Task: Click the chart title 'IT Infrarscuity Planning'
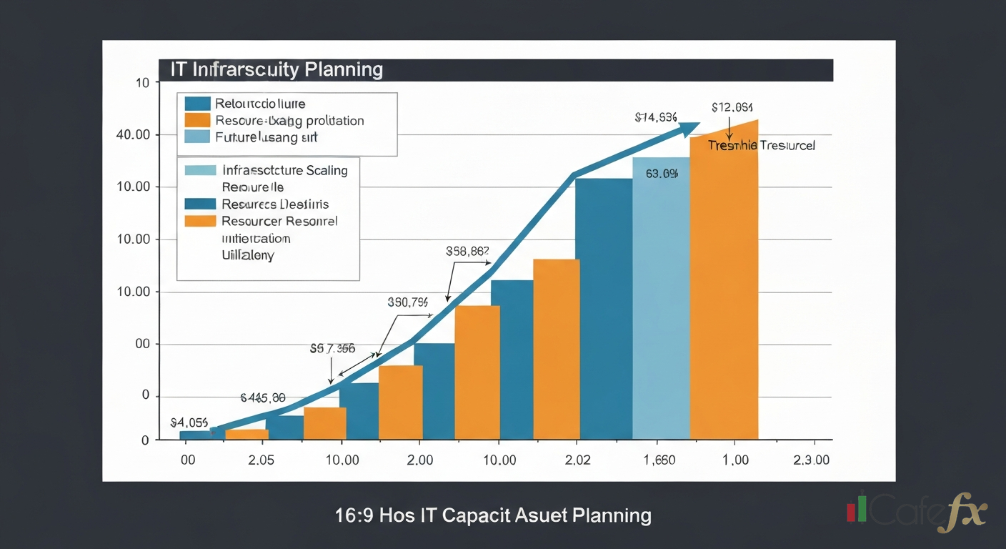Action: click(276, 70)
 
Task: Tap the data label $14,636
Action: click(655, 118)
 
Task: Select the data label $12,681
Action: click(732, 107)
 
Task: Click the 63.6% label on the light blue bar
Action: click(661, 174)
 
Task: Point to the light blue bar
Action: click(661, 300)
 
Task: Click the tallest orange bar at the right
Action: click(724, 286)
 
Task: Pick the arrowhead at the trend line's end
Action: click(689, 129)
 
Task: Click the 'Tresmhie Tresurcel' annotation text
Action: click(762, 145)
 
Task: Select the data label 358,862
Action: click(467, 252)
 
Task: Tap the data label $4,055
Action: click(189, 422)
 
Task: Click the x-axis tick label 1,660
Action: click(659, 460)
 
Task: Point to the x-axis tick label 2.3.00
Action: click(812, 460)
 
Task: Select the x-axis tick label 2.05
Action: click(261, 460)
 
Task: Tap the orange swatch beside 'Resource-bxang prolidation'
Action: click(197, 120)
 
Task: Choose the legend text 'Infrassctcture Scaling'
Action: click(284, 171)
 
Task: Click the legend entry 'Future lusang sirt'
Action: click(266, 137)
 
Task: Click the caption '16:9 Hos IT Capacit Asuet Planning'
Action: click(493, 515)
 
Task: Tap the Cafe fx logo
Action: click(917, 511)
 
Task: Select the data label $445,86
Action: click(263, 397)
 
